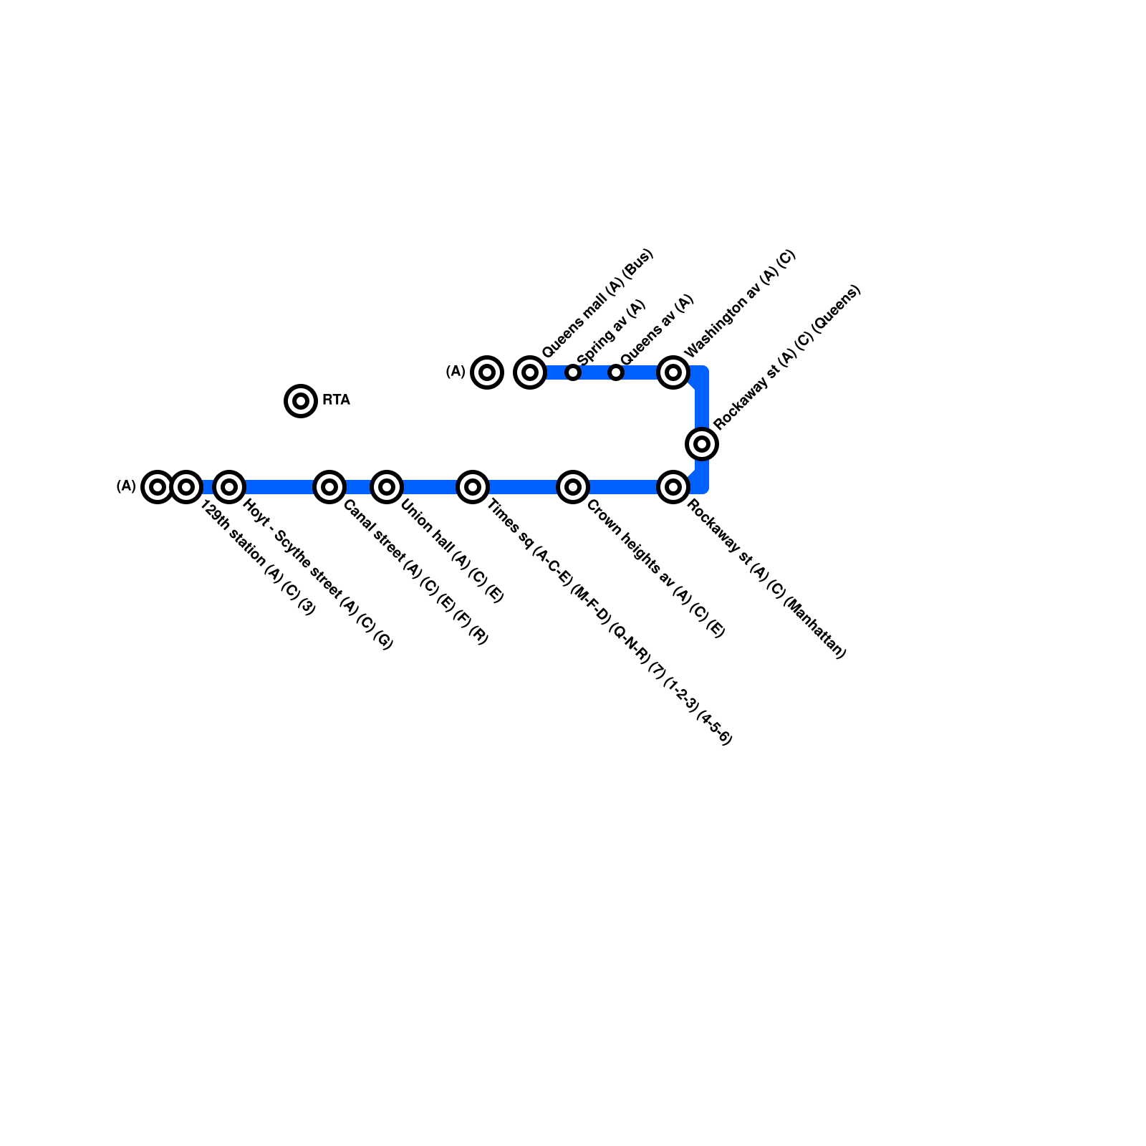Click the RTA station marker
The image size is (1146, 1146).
pyautogui.click(x=301, y=400)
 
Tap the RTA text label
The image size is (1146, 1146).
pyautogui.click(x=336, y=400)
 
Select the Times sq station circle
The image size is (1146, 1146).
pyautogui.click(x=473, y=487)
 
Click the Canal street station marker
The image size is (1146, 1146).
pyautogui.click(x=329, y=487)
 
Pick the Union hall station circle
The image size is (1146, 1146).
pyautogui.click(x=387, y=487)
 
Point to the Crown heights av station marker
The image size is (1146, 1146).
pyautogui.click(x=573, y=487)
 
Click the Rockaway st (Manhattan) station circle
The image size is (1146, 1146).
pyautogui.click(x=673, y=487)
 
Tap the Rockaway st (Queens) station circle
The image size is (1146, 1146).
pyautogui.click(x=702, y=444)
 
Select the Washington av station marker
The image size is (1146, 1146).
pyautogui.click(x=673, y=372)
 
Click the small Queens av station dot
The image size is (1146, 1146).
pyautogui.click(x=616, y=372)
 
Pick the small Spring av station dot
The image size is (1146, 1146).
pyautogui.click(x=573, y=372)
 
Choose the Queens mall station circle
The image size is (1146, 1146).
pyautogui.click(x=530, y=372)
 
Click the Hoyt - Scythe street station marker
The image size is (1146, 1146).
pyautogui.click(x=229, y=487)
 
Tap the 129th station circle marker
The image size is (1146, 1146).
pyautogui.click(x=186, y=487)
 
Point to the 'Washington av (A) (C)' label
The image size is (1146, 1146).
pyautogui.click(x=740, y=304)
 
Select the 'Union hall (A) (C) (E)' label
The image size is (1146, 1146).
pyautogui.click(x=452, y=550)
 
